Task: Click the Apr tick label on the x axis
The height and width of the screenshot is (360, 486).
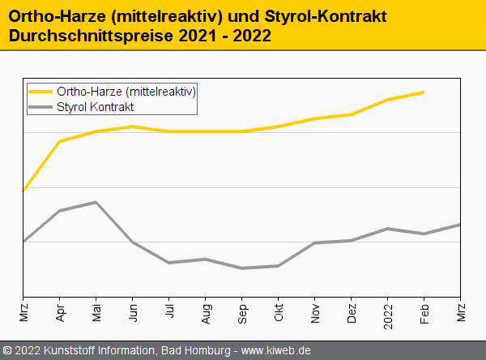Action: (60, 312)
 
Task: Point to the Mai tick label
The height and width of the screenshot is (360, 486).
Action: (96, 312)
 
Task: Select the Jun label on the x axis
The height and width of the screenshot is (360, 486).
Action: (133, 312)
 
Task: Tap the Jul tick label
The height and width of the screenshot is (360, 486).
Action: (169, 311)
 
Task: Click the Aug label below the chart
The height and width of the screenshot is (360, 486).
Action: (206, 313)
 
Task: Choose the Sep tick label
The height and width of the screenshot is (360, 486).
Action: (242, 313)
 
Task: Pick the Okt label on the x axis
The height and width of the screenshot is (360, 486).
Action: (279, 312)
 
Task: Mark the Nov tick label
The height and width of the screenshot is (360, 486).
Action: (315, 312)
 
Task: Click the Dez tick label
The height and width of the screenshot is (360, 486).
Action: (352, 312)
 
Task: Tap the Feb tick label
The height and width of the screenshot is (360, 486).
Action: (424, 312)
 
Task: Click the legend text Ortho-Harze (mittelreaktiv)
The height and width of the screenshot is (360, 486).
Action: (126, 92)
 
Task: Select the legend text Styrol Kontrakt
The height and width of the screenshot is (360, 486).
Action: (96, 106)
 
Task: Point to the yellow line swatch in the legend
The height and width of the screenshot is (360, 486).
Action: (40, 92)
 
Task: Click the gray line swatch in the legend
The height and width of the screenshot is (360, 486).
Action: (40, 106)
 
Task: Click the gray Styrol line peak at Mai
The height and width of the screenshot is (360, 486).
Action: (96, 202)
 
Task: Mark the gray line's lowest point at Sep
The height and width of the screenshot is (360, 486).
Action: (242, 268)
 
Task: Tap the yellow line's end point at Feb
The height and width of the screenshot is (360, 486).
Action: (424, 92)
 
